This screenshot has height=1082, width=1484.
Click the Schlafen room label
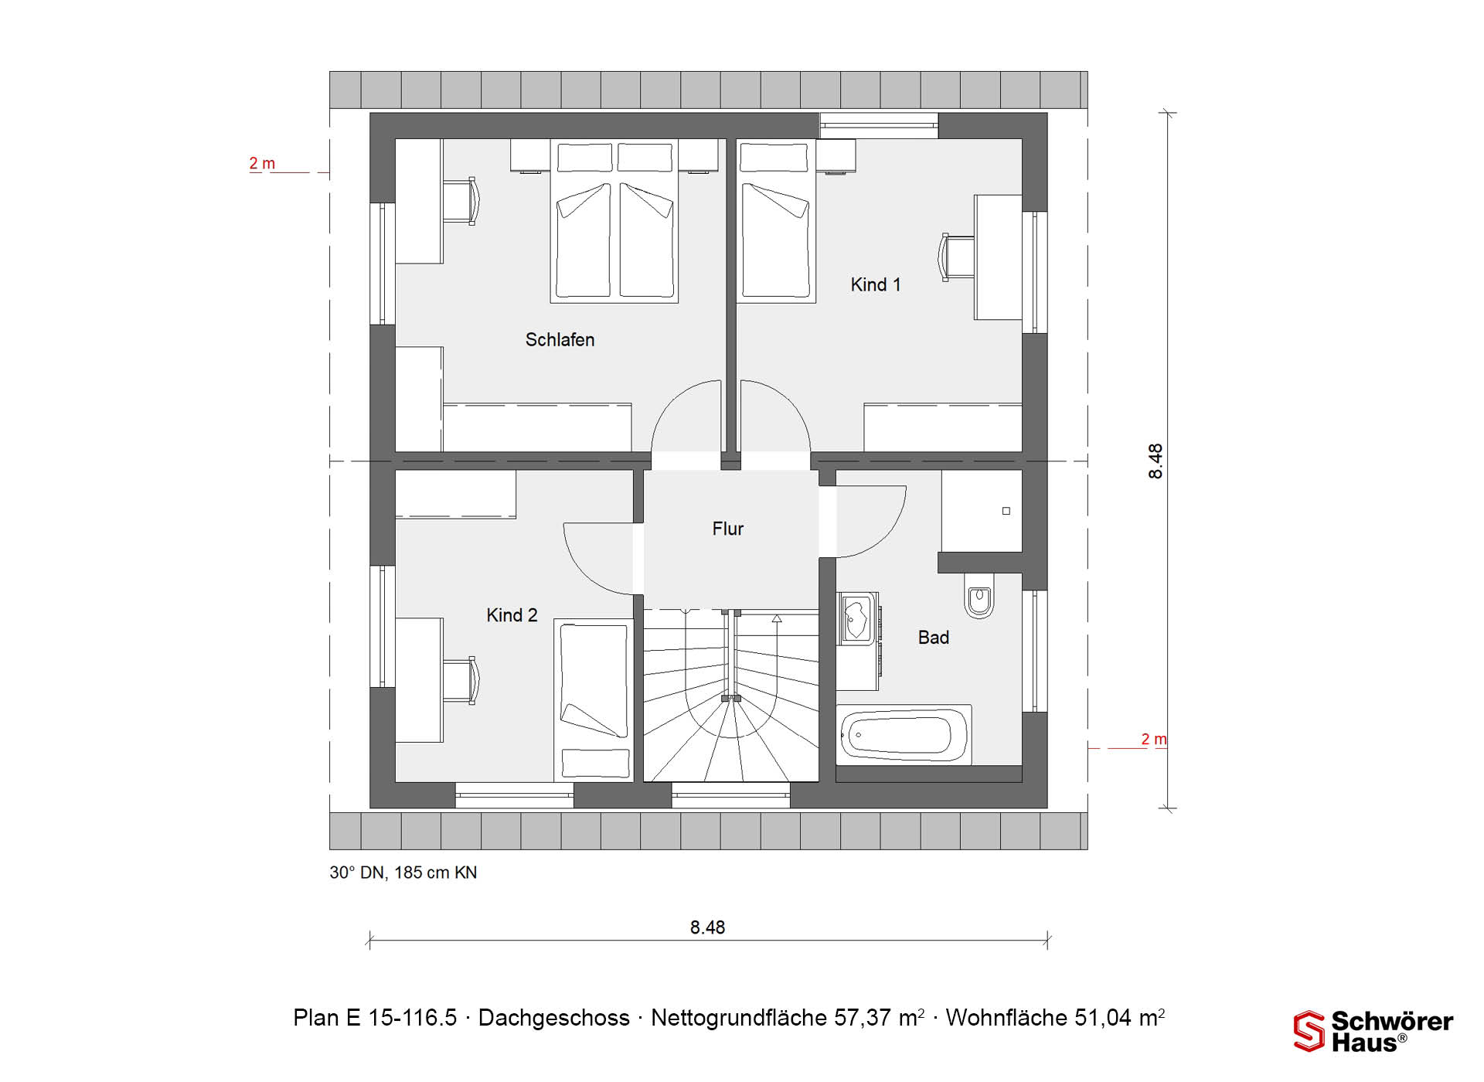pos(560,340)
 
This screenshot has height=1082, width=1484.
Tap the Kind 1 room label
pos(876,285)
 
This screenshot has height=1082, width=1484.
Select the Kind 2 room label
pos(512,615)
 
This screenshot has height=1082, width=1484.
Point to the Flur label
pos(727,529)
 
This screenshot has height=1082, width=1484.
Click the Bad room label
pos(933,638)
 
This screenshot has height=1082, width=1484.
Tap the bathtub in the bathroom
pos(904,735)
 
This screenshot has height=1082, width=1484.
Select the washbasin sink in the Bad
pos(857,618)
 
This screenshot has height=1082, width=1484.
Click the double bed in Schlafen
pos(614,221)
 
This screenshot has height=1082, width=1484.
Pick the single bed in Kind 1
pos(776,221)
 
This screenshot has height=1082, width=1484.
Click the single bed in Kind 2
pos(594,700)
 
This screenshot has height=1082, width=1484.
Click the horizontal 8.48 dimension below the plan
pos(708,927)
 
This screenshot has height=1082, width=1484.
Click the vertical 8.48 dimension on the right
pos(1156,461)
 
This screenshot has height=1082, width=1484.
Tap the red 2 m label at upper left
pos(262,164)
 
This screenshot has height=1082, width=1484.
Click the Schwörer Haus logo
pos(1373,1032)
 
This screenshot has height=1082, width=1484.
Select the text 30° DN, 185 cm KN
pos(403,873)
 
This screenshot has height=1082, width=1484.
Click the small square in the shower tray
pos(1006,511)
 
